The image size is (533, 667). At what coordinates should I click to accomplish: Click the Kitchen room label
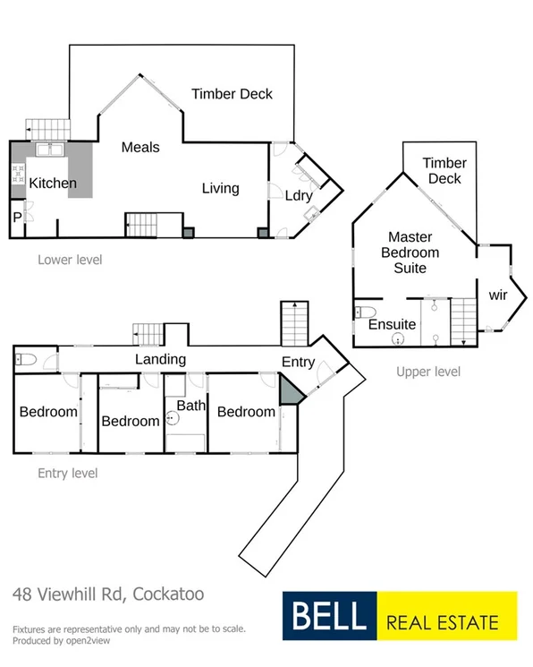tap(53, 184)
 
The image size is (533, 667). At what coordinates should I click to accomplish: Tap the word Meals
tap(140, 147)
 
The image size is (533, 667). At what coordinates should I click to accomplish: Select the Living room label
tap(220, 188)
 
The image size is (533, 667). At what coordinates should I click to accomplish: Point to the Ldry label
tap(298, 195)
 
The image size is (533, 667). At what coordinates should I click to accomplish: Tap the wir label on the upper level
tap(498, 295)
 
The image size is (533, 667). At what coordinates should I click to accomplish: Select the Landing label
tap(160, 359)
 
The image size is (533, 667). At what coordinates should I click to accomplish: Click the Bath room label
tap(190, 406)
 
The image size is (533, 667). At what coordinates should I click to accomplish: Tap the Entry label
tap(298, 361)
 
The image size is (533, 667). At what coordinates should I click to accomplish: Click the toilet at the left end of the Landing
tap(25, 360)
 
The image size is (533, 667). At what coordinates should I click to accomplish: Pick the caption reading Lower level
tap(70, 261)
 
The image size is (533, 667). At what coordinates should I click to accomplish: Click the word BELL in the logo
tap(326, 617)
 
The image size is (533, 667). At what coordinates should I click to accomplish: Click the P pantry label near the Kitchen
tap(17, 217)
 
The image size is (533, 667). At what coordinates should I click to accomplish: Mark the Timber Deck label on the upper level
tap(444, 170)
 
